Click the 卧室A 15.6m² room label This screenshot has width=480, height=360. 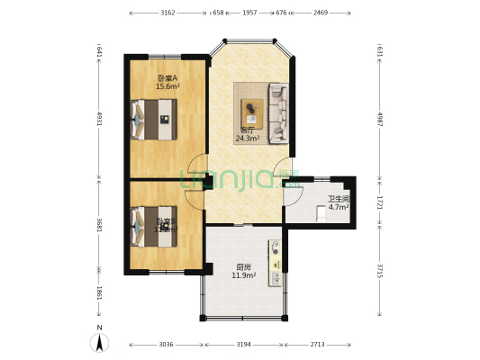coord(167,83)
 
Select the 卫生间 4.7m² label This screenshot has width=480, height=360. coord(338,203)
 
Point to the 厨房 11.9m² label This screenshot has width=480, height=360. coord(244,271)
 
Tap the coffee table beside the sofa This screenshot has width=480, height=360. coord(251,111)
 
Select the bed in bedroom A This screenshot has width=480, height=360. coord(153,118)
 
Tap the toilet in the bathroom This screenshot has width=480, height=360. coord(322,213)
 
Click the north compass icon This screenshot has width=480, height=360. coord(100,341)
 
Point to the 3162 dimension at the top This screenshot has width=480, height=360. coord(168,13)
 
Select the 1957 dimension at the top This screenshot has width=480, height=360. coord(249,13)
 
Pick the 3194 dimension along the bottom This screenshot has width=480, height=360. coord(244,345)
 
